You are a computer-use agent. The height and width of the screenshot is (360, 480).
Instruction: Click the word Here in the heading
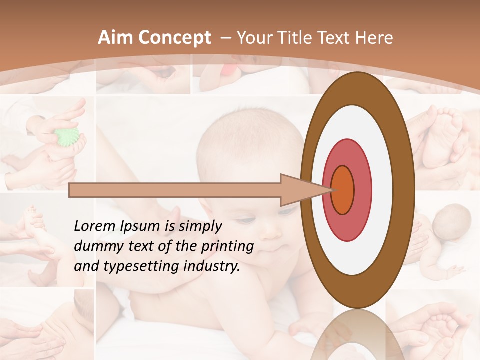(375, 38)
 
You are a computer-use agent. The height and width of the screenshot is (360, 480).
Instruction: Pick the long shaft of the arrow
(175, 190)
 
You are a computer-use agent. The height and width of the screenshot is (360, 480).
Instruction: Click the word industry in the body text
(212, 266)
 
